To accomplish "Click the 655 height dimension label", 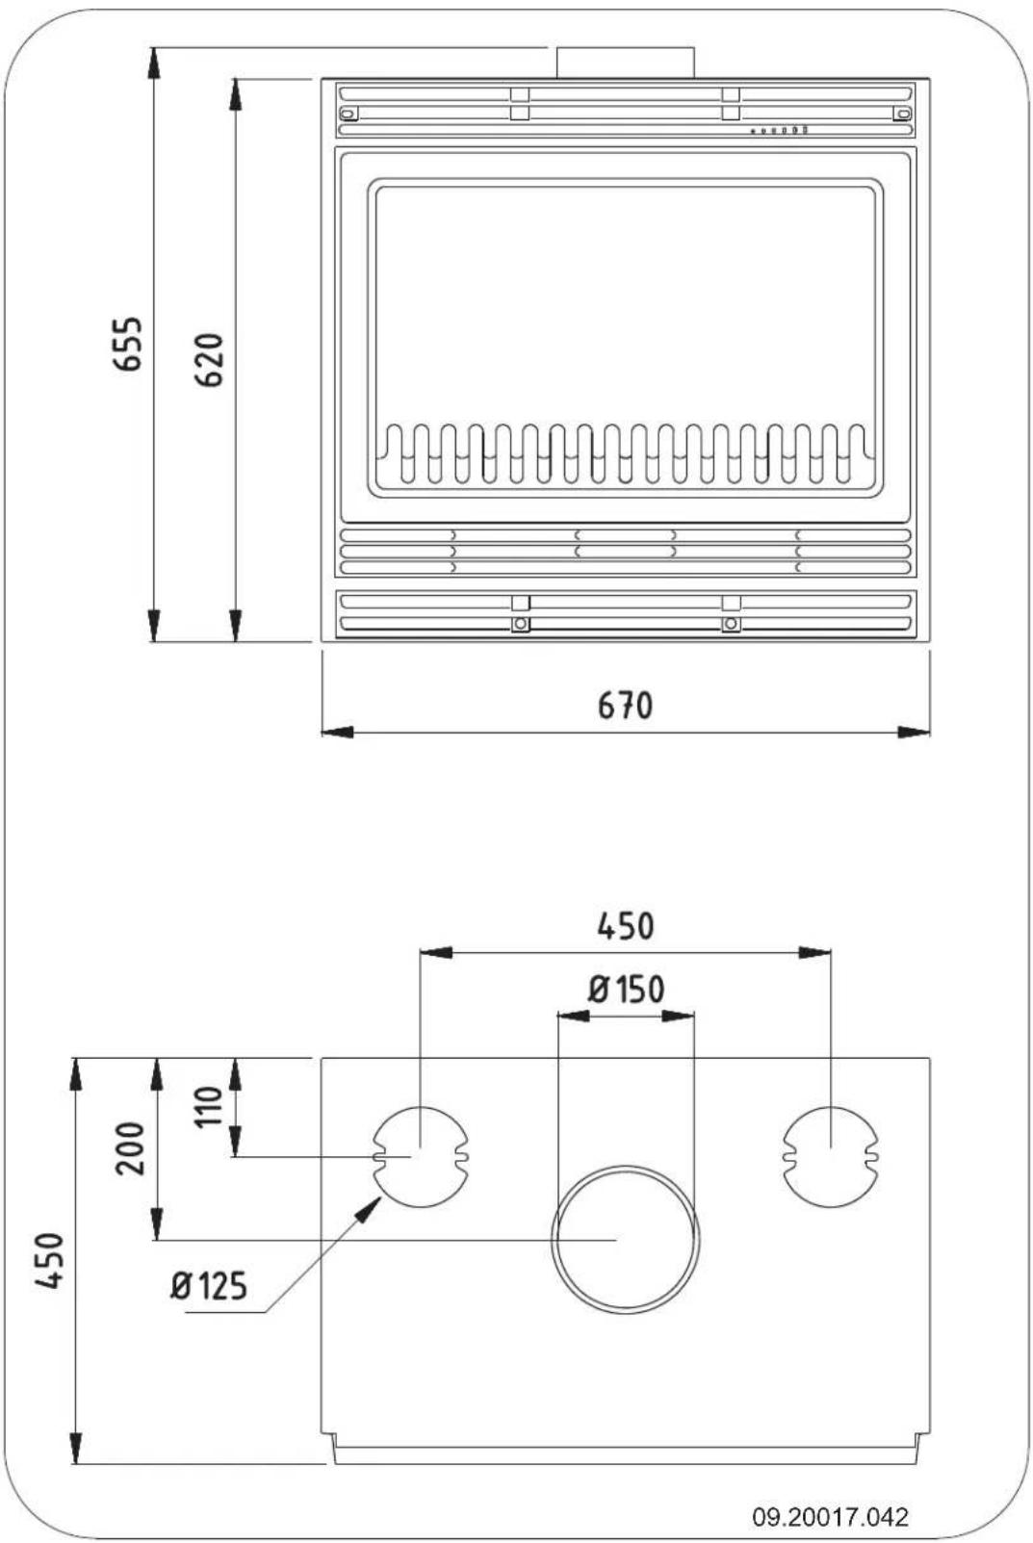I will point(128,344).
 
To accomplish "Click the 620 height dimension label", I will point(209,359).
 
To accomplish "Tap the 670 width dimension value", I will point(625,706).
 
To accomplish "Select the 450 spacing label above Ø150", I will point(625,926).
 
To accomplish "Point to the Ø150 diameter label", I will point(626,989).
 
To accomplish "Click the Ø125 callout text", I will point(209,1285).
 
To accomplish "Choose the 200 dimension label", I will point(130,1147).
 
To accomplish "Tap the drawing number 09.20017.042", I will point(830,1517).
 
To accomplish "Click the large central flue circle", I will point(626,1240).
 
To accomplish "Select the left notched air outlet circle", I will point(421,1156).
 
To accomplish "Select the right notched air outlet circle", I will point(831,1156).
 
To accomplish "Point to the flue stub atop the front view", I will point(625,63).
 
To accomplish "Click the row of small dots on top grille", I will point(779,130).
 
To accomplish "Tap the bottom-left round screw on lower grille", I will point(520,624).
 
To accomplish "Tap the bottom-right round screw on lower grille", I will point(732,624).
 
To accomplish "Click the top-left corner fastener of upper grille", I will point(349,114).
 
